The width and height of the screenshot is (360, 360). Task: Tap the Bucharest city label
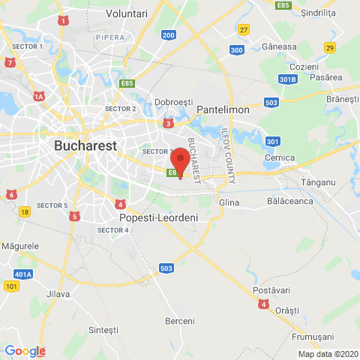click(x=85, y=145)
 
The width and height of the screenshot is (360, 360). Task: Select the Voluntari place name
click(x=126, y=13)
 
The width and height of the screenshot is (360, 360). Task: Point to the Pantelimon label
click(x=223, y=109)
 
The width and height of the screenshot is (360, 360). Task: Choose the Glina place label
click(x=228, y=203)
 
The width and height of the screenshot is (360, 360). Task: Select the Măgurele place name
click(x=20, y=246)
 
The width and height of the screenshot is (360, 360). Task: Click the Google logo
click(x=25, y=351)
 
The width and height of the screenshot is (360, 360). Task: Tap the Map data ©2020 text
click(x=328, y=354)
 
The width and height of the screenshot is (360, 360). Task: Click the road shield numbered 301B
click(x=285, y=79)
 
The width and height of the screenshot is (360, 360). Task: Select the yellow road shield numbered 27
click(x=243, y=29)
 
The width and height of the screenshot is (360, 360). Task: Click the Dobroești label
click(x=173, y=101)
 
